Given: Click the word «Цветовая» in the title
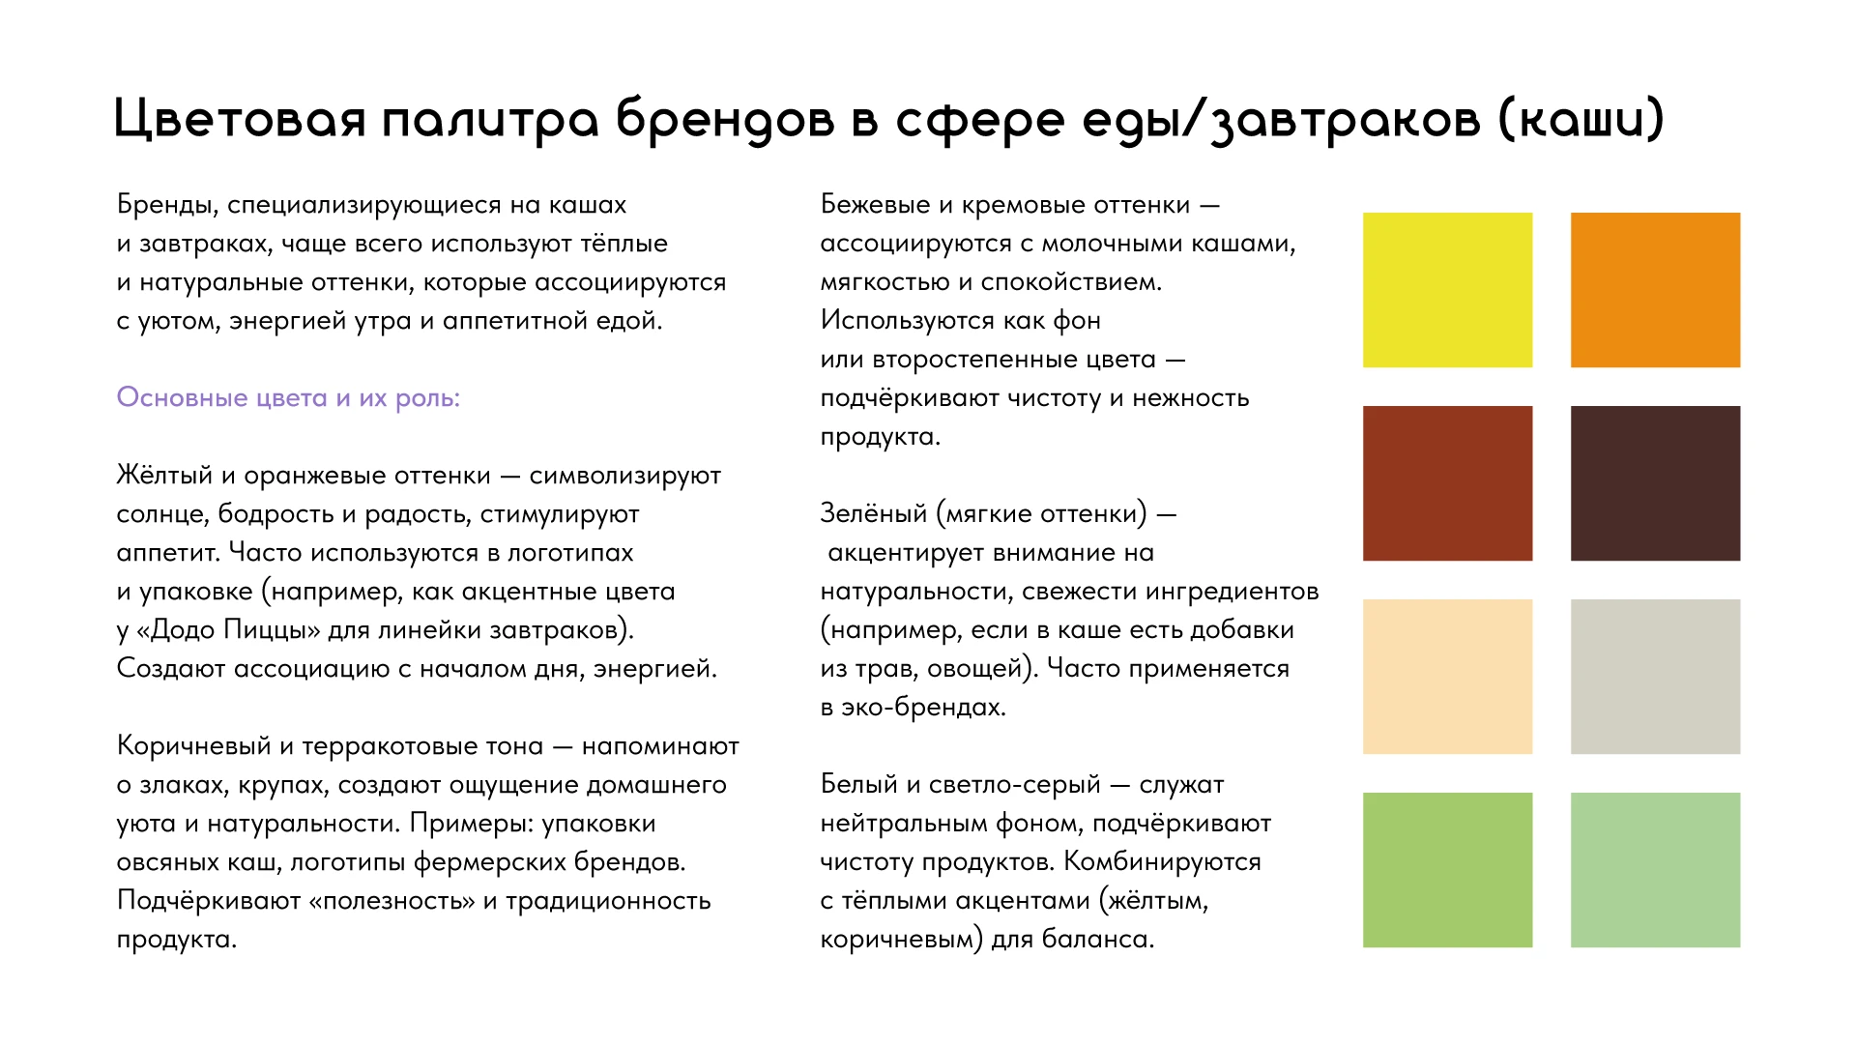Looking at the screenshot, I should (x=239, y=120).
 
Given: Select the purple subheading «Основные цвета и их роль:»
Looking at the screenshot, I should (x=288, y=397).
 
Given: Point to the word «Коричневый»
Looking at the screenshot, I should (x=193, y=745).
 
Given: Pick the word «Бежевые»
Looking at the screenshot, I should (x=874, y=204).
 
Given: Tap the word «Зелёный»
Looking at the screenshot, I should (x=873, y=513).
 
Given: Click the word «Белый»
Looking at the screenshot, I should (x=858, y=784).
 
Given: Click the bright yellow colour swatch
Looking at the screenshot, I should (x=1447, y=290).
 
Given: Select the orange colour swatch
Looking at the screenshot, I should (x=1655, y=290).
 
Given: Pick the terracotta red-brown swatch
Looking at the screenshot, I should (x=1447, y=483).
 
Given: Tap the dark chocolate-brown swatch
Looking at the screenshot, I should (x=1655, y=483).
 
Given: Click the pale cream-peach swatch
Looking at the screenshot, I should (x=1447, y=677).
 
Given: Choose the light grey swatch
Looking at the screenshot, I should (x=1655, y=677).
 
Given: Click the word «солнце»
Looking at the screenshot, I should (x=161, y=513).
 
